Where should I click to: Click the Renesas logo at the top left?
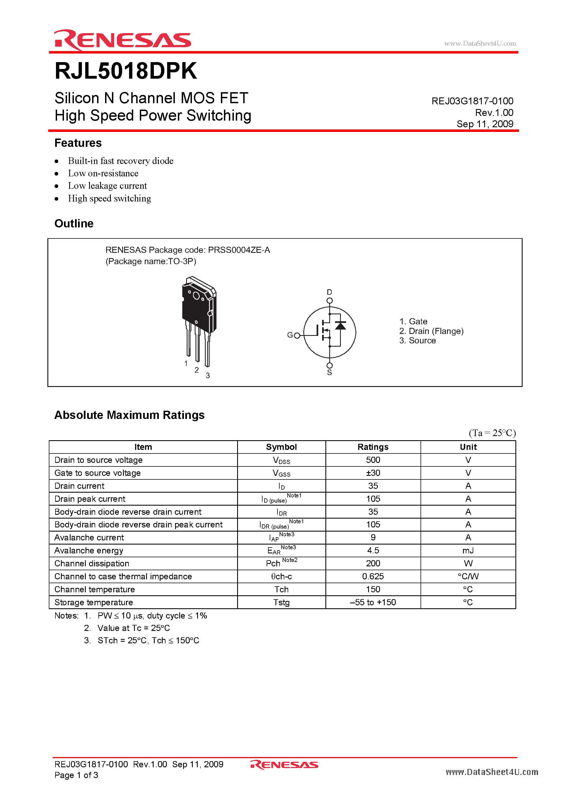122,40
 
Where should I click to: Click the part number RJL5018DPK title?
126,71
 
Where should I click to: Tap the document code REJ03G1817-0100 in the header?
472,101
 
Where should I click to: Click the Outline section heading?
74,224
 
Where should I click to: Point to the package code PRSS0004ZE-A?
239,250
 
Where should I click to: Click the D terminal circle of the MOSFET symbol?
330,301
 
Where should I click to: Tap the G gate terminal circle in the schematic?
297,335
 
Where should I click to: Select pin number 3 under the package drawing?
208,375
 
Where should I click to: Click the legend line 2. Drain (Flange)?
431,331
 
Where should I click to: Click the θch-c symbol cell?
281,577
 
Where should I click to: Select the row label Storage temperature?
93,602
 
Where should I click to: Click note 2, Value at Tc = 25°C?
133,628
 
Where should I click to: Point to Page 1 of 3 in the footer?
76,775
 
